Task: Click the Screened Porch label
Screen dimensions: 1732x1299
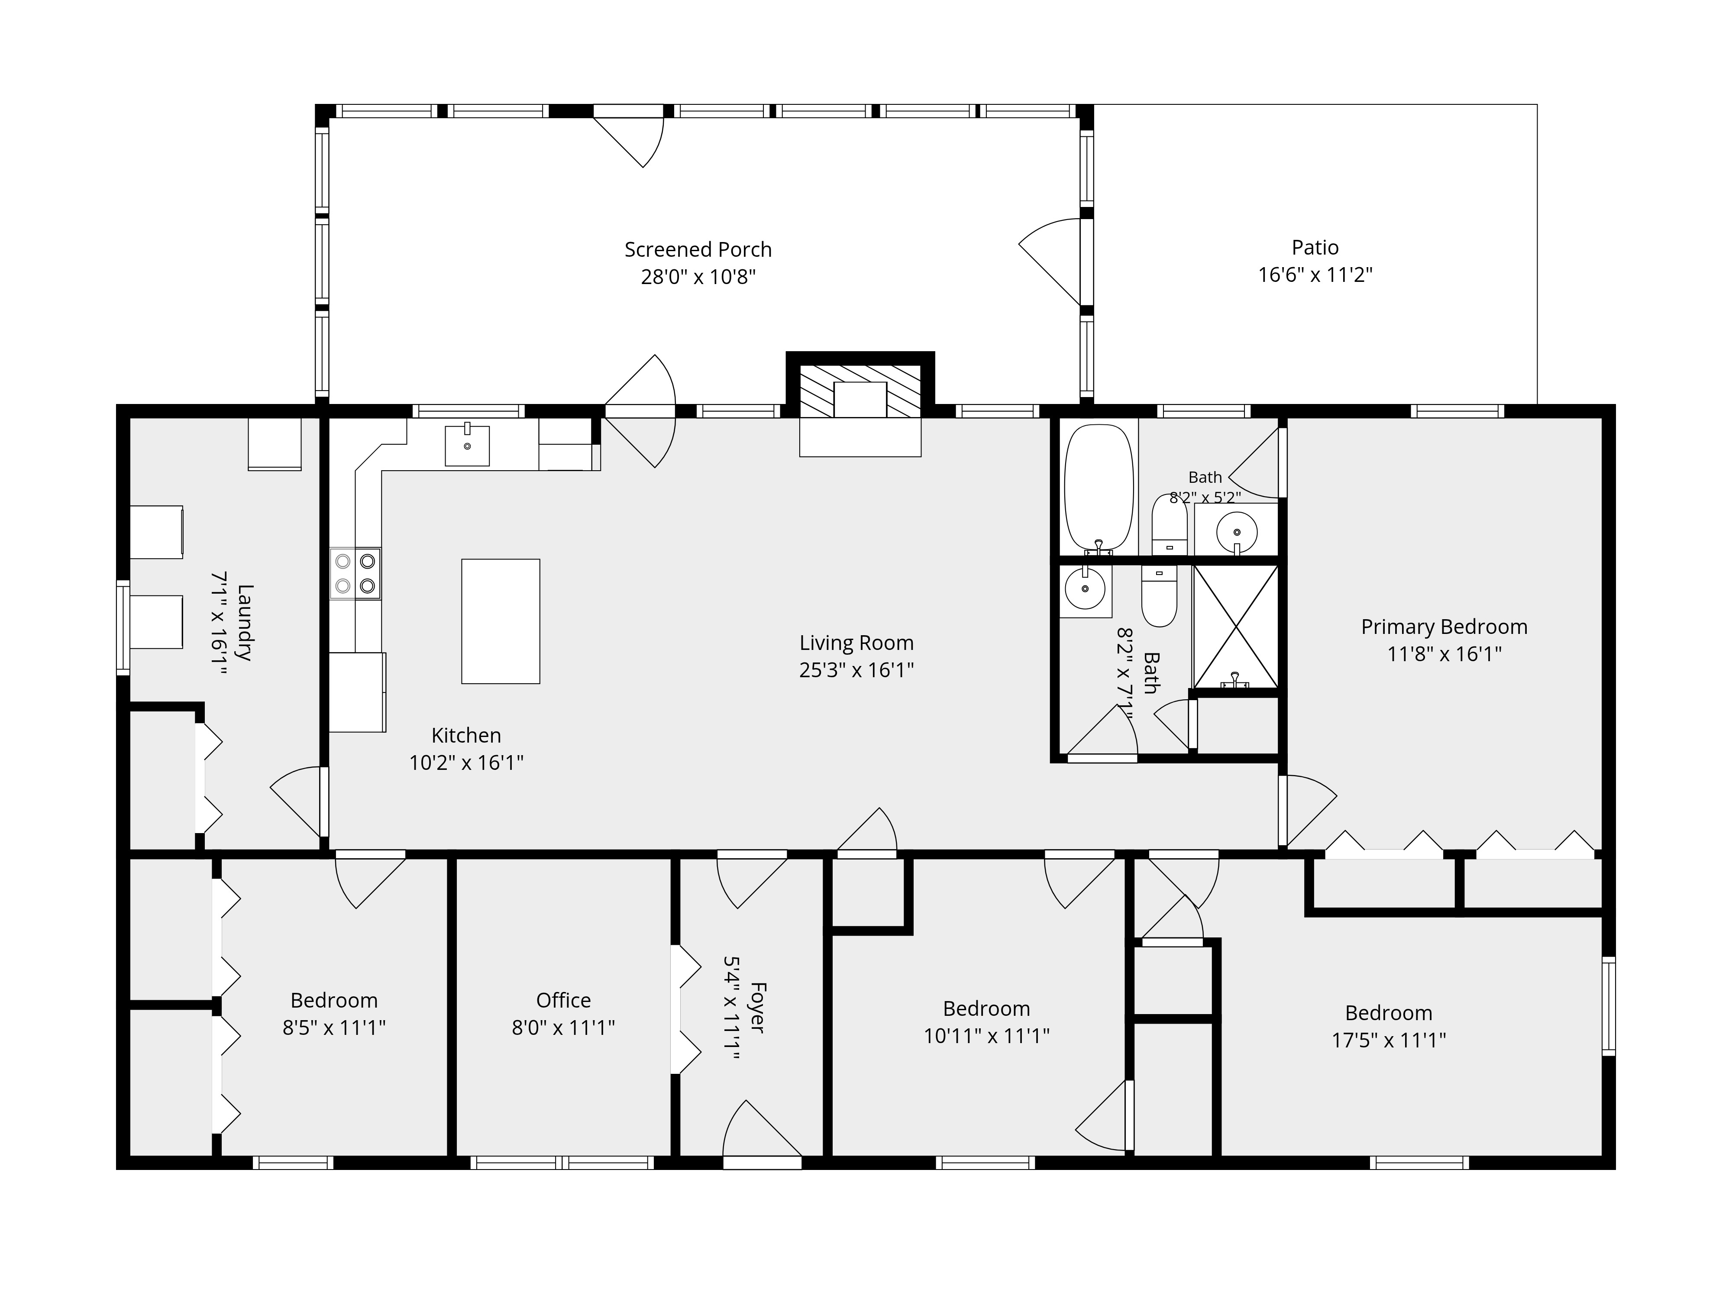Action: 698,250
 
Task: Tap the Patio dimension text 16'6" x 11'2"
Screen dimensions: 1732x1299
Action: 1315,275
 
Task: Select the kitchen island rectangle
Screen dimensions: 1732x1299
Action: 501,621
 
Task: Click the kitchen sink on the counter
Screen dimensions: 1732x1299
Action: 468,446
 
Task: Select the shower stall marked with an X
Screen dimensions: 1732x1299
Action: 1236,627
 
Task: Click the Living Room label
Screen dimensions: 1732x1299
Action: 856,643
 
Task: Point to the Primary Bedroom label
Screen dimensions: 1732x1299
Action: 1444,627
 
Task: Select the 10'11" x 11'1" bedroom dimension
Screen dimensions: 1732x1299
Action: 986,1036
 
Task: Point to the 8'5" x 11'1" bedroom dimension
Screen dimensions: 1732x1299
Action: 334,1028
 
